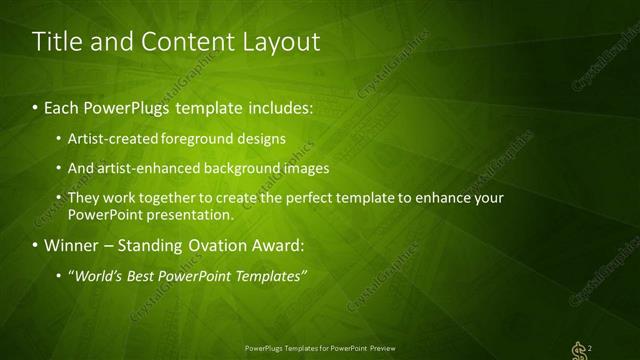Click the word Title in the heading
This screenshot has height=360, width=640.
[58, 41]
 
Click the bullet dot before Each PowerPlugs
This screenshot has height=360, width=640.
[37, 107]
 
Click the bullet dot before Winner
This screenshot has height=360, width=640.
[37, 244]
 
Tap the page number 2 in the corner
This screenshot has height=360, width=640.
[592, 347]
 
